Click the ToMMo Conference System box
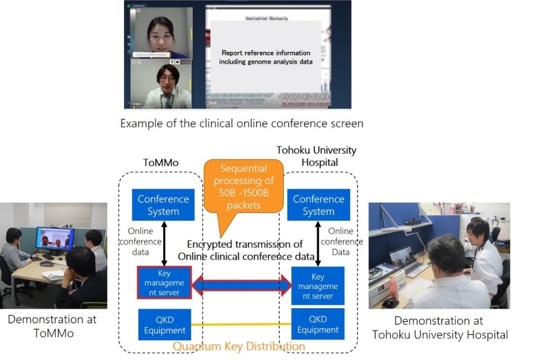pos(163,205)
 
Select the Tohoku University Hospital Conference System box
pos(318,205)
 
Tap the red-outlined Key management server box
pos(164,283)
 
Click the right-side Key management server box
pos(318,286)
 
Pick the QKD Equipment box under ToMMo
pos(164,324)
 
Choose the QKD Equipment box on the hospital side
pos(318,324)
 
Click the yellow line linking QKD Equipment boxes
pos(241,325)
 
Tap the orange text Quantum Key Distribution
pos(239,346)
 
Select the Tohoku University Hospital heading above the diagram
pos(316,156)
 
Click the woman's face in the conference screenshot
pos(160,30)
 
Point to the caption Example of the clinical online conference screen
pos(242,123)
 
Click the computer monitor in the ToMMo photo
pos(55,239)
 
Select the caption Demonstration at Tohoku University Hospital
pos(439,327)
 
